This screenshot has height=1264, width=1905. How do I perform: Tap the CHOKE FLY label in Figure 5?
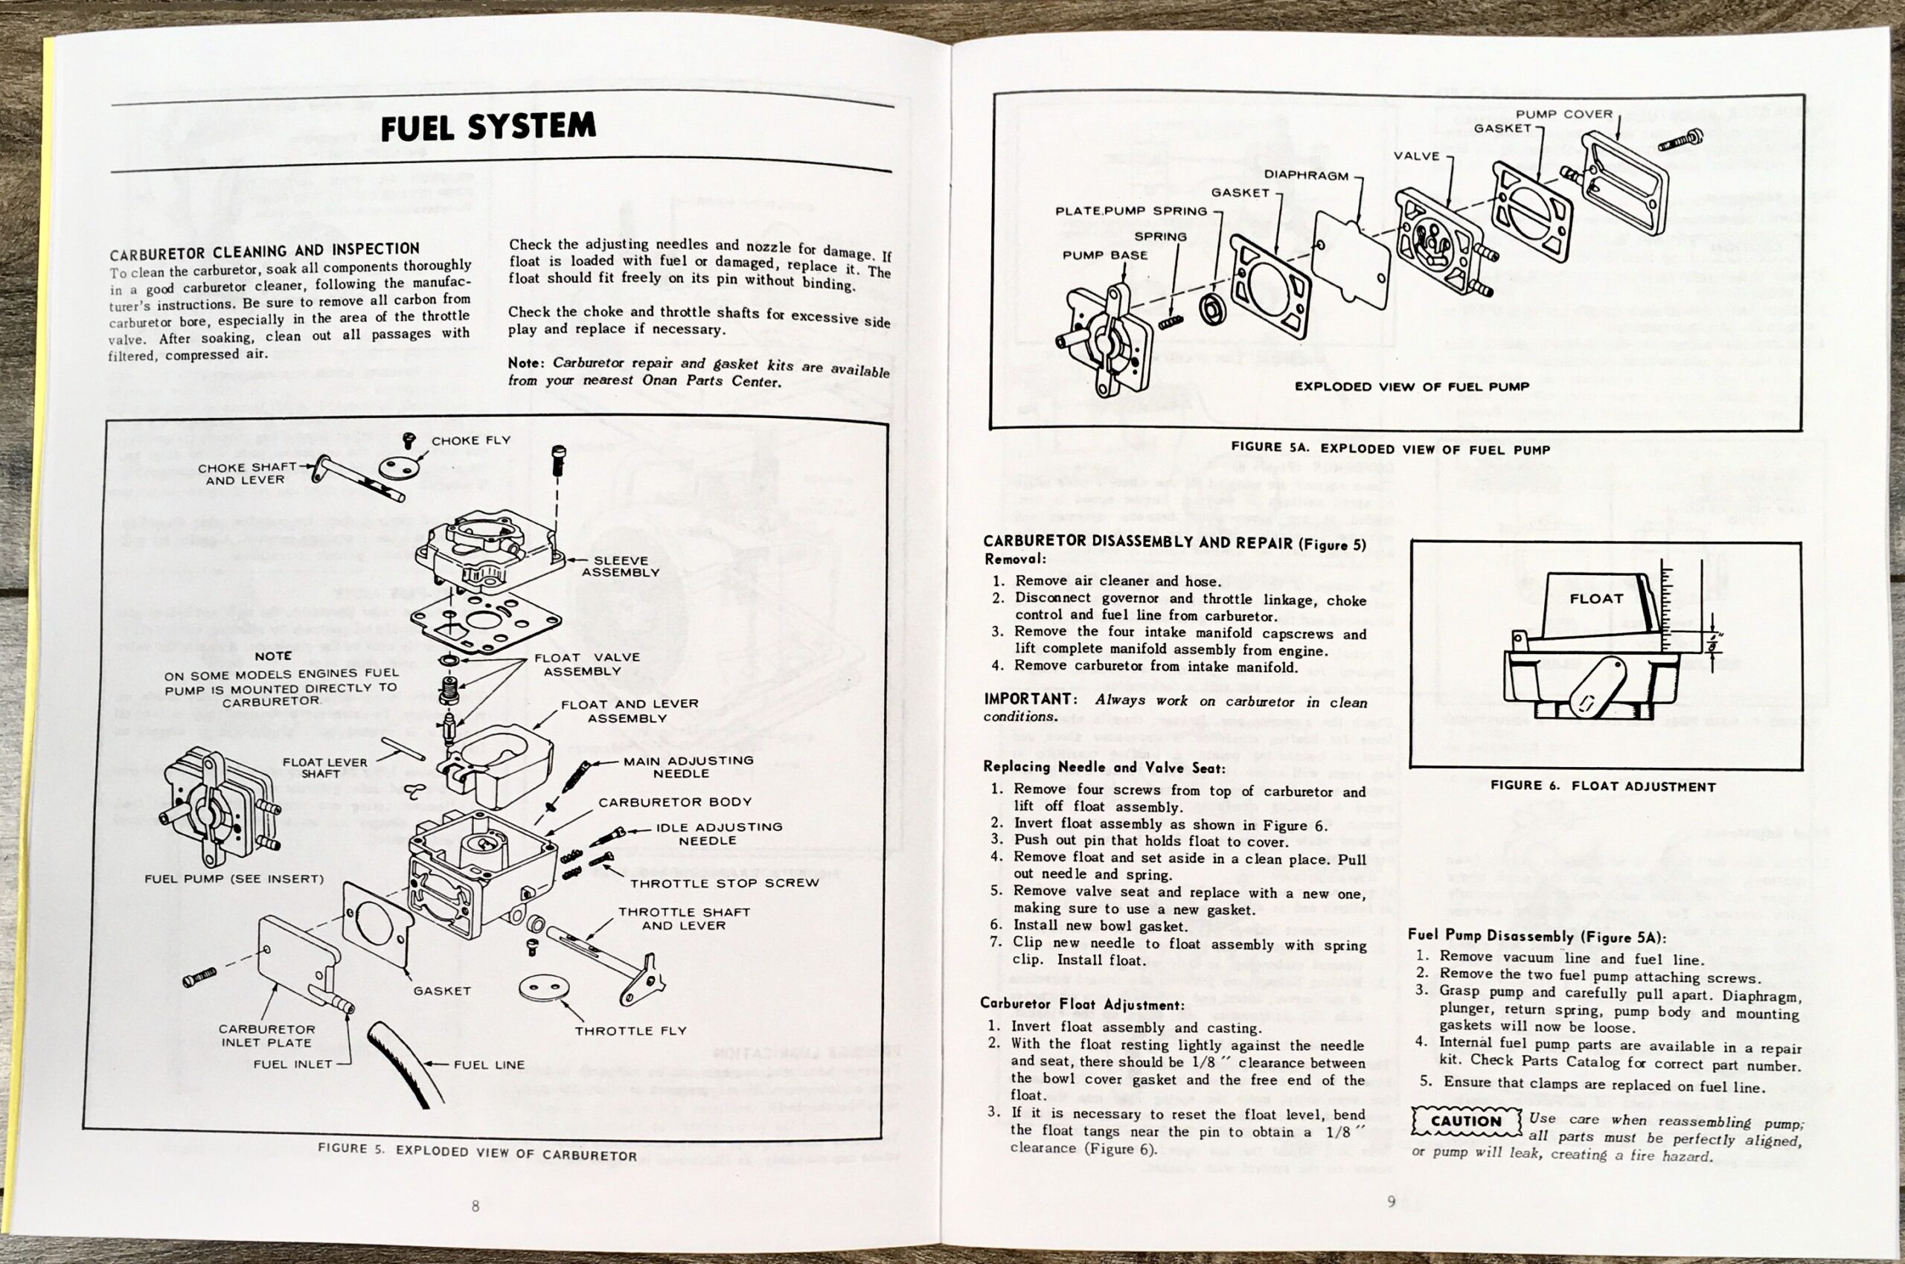coord(471,441)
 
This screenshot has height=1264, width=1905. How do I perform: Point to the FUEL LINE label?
coord(489,1064)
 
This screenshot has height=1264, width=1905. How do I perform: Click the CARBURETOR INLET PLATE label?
coord(267,1036)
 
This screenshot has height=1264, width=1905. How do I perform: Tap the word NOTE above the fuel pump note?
coord(273,656)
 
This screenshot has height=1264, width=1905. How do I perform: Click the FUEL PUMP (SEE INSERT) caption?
coord(234,879)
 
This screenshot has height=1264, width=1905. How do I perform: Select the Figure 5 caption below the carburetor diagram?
coord(477,1151)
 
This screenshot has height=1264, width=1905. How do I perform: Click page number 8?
coord(475,1206)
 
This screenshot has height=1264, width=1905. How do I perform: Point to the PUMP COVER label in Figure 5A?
coord(1564,114)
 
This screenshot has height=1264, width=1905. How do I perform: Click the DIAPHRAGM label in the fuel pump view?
coord(1306,174)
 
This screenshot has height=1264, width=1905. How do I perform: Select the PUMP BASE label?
coord(1104,254)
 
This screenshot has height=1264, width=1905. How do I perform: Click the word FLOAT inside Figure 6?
coord(1596,598)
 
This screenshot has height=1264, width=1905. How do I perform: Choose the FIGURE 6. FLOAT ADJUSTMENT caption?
coord(1603,785)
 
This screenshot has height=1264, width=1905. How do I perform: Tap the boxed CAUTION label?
coord(1466,1120)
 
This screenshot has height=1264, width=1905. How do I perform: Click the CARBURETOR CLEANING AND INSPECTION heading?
coord(264,251)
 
